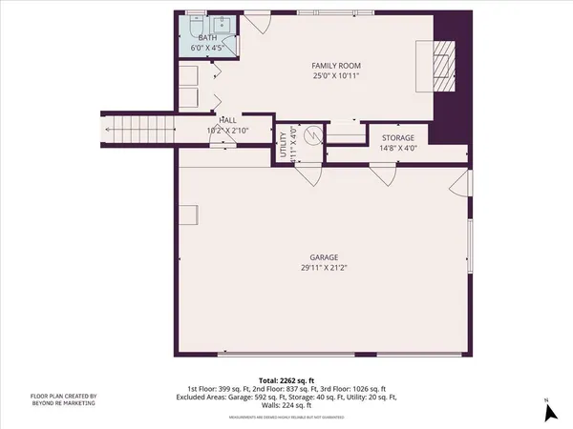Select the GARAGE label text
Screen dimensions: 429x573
324,256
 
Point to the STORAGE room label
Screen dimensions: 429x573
397,139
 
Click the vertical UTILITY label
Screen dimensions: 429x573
284,147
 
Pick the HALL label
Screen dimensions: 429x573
228,120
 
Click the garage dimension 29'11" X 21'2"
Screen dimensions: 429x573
324,268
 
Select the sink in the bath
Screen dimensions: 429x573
223,24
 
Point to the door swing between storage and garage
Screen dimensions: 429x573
383,174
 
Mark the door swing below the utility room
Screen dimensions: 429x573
308,174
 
